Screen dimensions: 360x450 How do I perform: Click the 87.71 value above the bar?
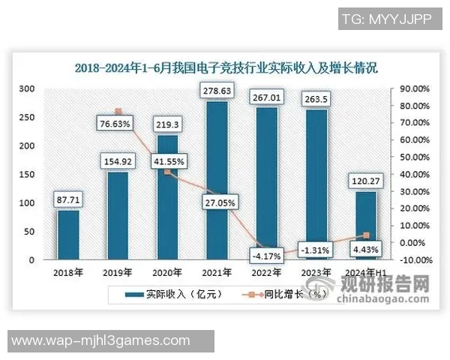[x=69, y=199]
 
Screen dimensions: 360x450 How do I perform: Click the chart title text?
[x=226, y=67]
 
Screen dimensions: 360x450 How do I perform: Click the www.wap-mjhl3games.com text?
[x=102, y=341]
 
